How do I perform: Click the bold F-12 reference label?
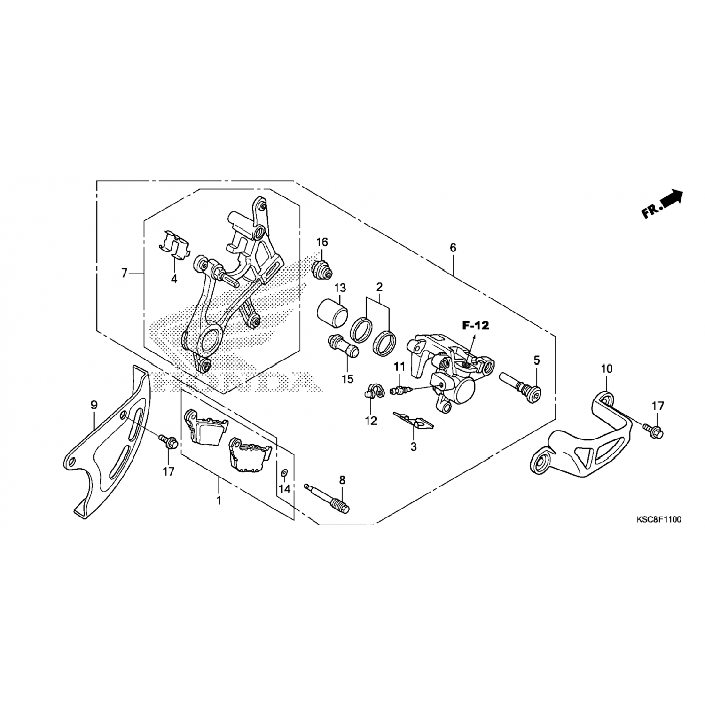(475, 325)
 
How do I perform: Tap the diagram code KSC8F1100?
(658, 519)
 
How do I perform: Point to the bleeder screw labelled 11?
(400, 390)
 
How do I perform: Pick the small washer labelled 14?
(284, 472)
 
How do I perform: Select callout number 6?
(453, 248)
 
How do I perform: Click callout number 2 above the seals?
(379, 287)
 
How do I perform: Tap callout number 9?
(94, 404)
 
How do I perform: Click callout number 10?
(607, 369)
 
